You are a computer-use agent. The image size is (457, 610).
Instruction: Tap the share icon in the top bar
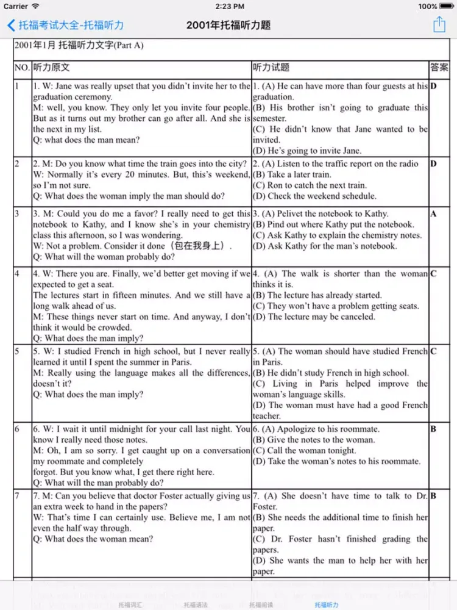click(439, 24)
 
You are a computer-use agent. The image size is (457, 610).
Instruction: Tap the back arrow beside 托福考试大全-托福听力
click(11, 25)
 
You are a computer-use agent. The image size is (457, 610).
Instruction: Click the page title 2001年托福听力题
click(228, 25)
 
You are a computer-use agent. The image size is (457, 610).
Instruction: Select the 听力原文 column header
click(51, 68)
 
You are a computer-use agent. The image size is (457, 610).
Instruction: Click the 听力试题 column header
click(271, 68)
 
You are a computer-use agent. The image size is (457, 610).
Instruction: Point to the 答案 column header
click(439, 68)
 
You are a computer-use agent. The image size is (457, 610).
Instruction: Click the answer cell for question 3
click(434, 214)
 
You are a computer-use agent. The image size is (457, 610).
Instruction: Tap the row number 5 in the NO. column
click(18, 351)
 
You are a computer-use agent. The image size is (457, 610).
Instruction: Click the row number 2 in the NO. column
click(18, 164)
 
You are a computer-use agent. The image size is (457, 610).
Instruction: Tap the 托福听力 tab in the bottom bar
click(327, 605)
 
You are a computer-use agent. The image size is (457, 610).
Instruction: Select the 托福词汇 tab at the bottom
click(130, 605)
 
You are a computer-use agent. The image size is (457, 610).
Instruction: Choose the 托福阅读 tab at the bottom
click(261, 605)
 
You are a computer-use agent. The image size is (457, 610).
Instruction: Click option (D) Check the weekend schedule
click(315, 196)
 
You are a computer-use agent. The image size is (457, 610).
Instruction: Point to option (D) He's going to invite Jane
click(307, 151)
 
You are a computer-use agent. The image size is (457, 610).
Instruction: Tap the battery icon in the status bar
click(446, 6)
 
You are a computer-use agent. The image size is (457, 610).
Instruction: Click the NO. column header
click(23, 68)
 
